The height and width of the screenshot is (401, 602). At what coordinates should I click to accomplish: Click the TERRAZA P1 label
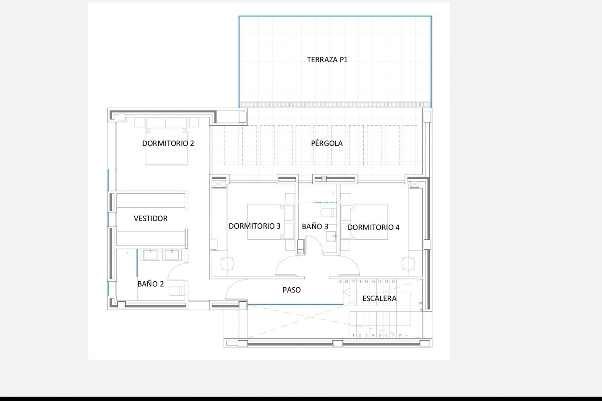coord(327,60)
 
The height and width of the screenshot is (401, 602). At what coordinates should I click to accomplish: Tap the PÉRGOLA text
coord(327,143)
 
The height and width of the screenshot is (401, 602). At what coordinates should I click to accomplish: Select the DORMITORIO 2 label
coord(168,143)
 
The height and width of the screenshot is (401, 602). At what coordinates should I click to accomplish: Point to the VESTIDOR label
coord(150,218)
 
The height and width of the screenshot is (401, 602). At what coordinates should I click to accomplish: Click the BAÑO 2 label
coord(150,284)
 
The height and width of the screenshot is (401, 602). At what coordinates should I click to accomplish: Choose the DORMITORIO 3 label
coord(254,226)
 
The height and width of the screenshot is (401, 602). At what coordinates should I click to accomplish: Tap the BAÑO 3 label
coord(315,227)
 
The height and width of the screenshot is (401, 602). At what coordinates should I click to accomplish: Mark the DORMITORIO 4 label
coord(373,227)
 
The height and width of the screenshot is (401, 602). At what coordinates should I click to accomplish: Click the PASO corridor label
coord(292,290)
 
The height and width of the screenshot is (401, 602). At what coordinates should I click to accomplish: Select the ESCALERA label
coord(379,299)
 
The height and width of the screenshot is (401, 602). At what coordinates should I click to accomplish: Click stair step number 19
coord(340,282)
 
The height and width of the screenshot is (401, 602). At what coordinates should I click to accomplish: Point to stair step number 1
coord(353,336)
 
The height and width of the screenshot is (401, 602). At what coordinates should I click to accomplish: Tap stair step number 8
coord(399,336)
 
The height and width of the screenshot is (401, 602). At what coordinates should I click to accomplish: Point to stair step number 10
coord(420,303)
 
